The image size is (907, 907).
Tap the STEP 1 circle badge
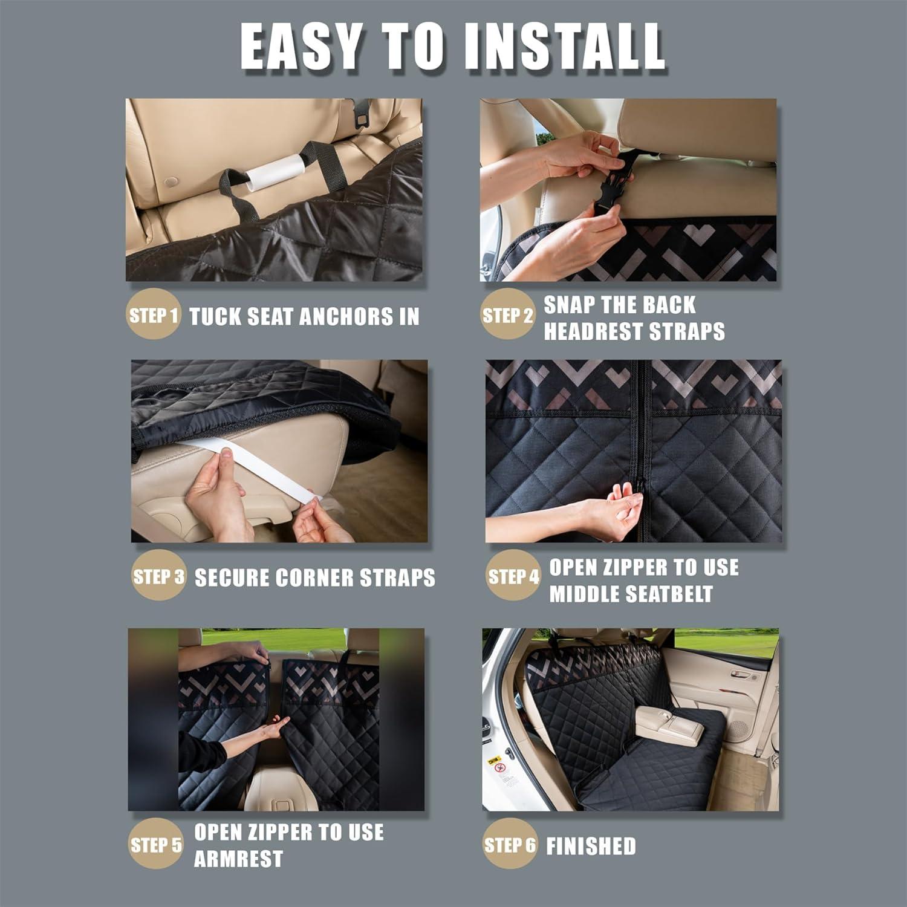pyautogui.click(x=153, y=315)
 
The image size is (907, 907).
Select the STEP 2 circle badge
pyautogui.click(x=507, y=315)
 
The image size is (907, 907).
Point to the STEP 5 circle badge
pyautogui.click(x=155, y=844)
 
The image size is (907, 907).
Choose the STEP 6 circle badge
pyautogui.click(x=509, y=844)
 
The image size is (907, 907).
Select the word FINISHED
pyautogui.click(x=591, y=847)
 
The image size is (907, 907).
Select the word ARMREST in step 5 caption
pyautogui.click(x=238, y=859)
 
